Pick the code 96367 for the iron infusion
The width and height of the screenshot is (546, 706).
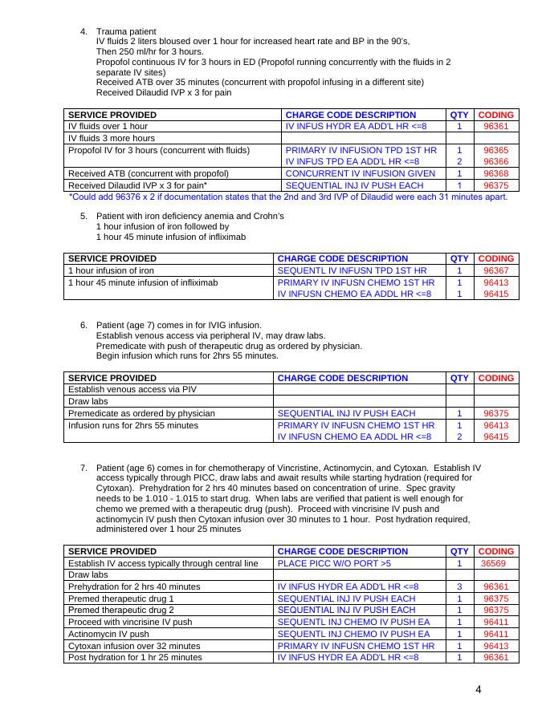tap(495, 270)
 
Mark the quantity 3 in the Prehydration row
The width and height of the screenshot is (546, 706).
tap(459, 586)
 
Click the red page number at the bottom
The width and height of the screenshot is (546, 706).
tap(479, 689)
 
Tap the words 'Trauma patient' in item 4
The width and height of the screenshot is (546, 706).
tap(126, 30)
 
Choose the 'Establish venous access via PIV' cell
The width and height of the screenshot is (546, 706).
tap(132, 389)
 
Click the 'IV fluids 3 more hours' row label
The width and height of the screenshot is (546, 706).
tap(112, 138)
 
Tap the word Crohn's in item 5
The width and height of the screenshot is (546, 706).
tap(267, 216)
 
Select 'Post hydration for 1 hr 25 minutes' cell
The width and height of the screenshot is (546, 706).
tap(135, 658)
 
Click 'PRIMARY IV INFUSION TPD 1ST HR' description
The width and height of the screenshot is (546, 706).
tap(361, 150)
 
